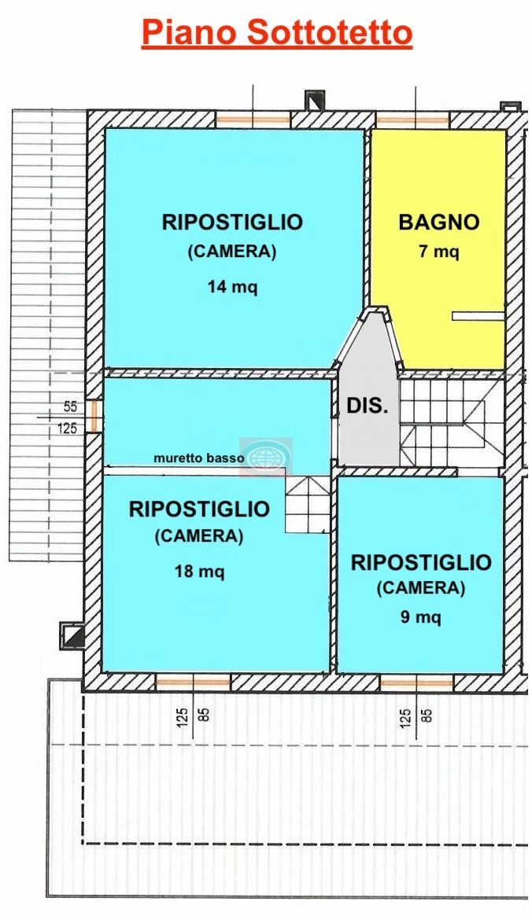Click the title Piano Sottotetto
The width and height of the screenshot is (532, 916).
(277, 33)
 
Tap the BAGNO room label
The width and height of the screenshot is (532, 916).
(439, 222)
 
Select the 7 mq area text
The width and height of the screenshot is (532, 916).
(439, 252)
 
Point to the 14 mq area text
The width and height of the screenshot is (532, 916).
(232, 287)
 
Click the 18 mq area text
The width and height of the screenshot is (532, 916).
(199, 571)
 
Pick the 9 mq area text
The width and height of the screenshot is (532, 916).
(421, 617)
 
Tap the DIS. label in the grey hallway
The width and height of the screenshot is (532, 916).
(368, 406)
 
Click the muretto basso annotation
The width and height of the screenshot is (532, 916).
(199, 458)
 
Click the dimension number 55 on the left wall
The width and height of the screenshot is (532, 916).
(70, 406)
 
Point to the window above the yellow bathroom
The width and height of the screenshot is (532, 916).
(412, 121)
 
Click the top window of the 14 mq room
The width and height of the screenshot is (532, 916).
(253, 121)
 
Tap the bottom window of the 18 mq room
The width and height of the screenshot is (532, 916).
(193, 682)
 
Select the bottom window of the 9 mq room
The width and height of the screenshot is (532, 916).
(417, 682)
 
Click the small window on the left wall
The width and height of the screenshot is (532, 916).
(94, 416)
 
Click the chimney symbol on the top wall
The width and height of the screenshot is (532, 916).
(316, 101)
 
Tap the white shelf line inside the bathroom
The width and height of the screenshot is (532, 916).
(478, 316)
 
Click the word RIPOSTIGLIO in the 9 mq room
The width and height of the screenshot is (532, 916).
(421, 562)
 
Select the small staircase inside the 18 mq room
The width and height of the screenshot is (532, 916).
(308, 504)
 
